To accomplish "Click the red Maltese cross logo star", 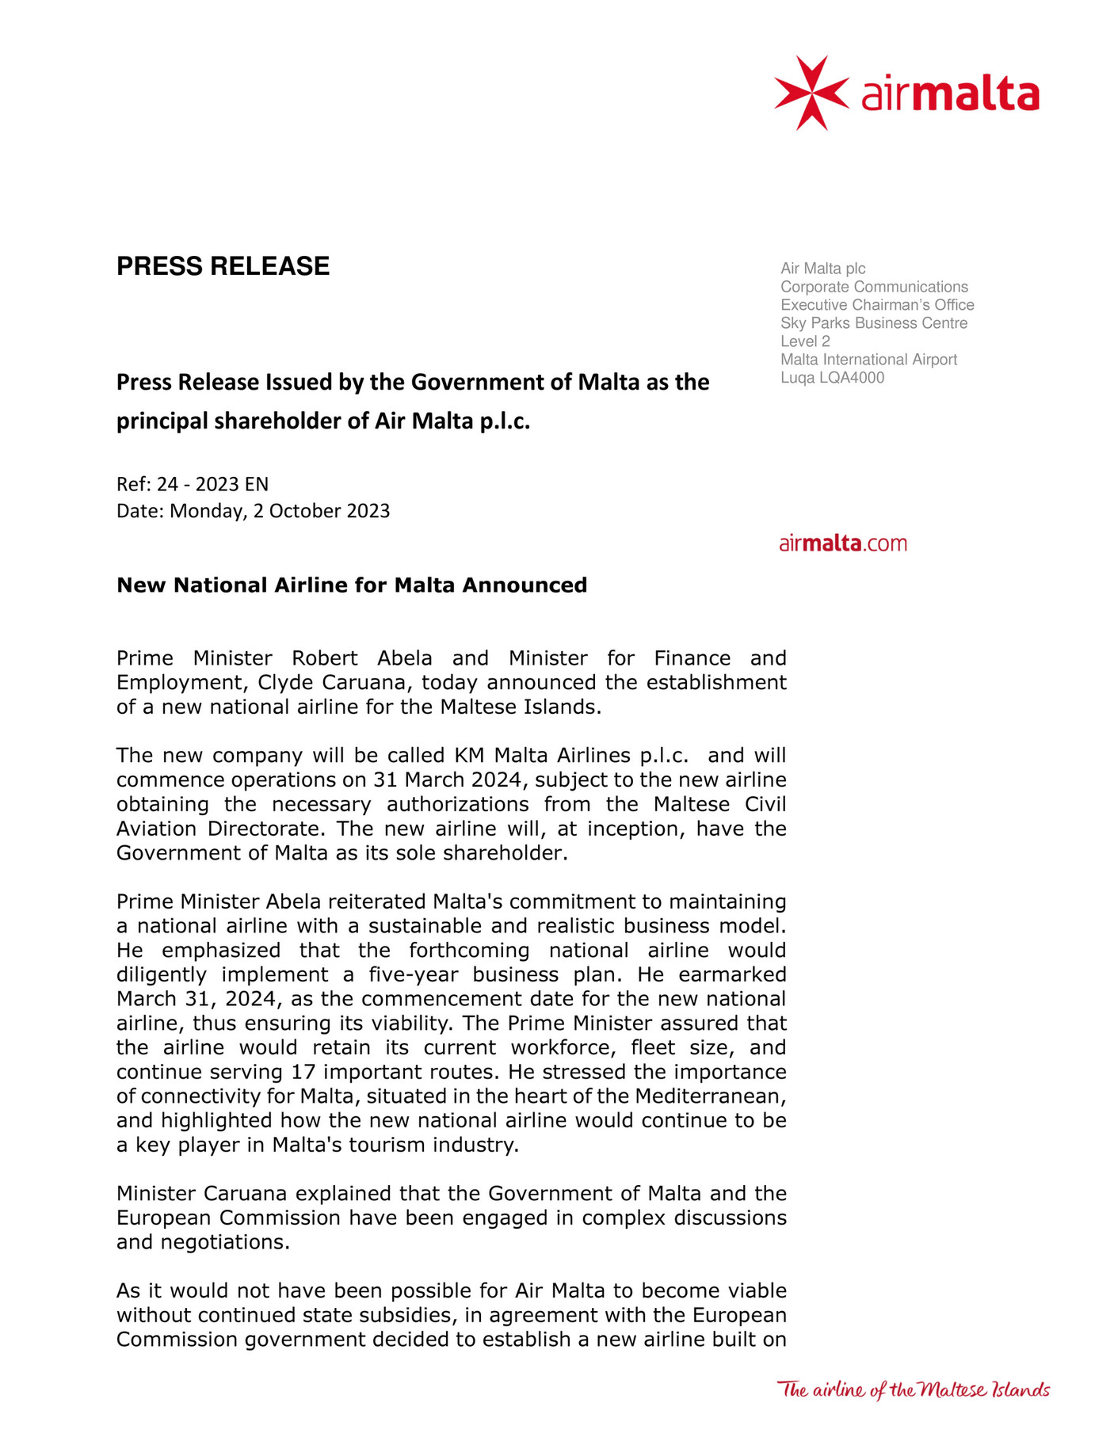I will coord(811,93).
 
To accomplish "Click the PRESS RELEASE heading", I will coord(223,266).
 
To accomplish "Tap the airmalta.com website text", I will coord(842,543).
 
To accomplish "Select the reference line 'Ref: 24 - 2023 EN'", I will coord(193,484).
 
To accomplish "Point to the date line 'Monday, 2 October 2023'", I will coord(280,511).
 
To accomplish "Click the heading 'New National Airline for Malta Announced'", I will coord(352,585).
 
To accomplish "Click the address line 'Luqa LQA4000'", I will coord(832,378).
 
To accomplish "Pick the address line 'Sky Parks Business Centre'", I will coord(873,323).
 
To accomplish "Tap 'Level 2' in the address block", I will coord(805,341).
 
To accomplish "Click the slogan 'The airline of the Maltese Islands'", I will coord(913,1390).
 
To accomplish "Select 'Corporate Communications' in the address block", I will coord(874,287).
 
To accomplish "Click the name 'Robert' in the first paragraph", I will coord(324,659).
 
